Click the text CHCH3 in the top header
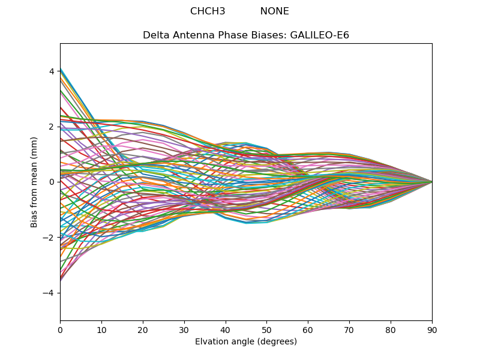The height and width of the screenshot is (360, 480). pyautogui.click(x=208, y=11)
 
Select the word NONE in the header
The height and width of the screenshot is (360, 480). pyautogui.click(x=274, y=11)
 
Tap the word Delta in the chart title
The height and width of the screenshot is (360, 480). pyautogui.click(x=155, y=35)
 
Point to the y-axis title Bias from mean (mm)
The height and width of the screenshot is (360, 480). pyautogui.click(x=34, y=182)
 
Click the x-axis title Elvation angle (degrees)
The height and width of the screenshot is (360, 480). pyautogui.click(x=246, y=342)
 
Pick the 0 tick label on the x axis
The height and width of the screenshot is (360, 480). pyautogui.click(x=60, y=329)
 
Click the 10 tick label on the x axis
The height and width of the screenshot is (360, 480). pyautogui.click(x=101, y=329)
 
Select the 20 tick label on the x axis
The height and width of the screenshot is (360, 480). pyautogui.click(x=143, y=329)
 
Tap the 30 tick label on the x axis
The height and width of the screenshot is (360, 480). pyautogui.click(x=184, y=329)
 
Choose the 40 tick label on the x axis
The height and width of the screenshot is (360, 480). pyautogui.click(x=226, y=329)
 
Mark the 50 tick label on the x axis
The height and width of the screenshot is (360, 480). pyautogui.click(x=266, y=329)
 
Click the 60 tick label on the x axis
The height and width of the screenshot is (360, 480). pyautogui.click(x=308, y=329)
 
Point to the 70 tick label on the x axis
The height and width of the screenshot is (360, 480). pyautogui.click(x=349, y=329)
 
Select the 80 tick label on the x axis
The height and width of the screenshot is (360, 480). pyautogui.click(x=391, y=329)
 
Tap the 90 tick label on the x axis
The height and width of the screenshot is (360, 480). pyautogui.click(x=432, y=329)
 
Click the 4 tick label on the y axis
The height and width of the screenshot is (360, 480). pyautogui.click(x=52, y=71)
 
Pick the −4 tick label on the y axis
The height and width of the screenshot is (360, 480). pyautogui.click(x=49, y=293)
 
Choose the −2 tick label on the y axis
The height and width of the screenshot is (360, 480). pyautogui.click(x=49, y=238)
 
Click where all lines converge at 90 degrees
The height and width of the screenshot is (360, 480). pyautogui.click(x=431, y=182)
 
